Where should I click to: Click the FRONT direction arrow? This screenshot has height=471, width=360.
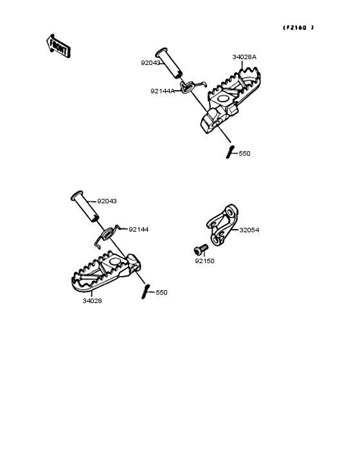click(x=59, y=46)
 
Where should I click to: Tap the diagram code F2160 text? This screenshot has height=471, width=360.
click(x=298, y=28)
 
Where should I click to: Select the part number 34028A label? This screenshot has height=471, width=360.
click(x=244, y=57)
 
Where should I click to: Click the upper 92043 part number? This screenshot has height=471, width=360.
click(x=150, y=63)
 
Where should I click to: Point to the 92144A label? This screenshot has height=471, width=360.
click(x=163, y=91)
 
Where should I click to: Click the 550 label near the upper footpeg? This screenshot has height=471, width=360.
click(x=244, y=154)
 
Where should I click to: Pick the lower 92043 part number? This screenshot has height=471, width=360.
click(x=107, y=201)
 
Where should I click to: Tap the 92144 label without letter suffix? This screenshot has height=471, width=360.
click(x=139, y=230)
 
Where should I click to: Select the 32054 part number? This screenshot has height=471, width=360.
click(x=249, y=230)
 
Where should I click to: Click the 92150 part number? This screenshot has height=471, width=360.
click(x=204, y=261)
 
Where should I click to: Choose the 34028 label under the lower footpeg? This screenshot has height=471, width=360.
click(x=92, y=300)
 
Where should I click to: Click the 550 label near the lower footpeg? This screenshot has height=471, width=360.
click(x=161, y=293)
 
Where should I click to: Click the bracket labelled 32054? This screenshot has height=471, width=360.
click(x=222, y=225)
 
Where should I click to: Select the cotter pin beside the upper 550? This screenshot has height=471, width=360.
click(x=230, y=152)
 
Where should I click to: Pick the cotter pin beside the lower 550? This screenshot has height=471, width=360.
click(x=145, y=291)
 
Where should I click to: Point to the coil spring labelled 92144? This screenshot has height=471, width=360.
click(x=107, y=234)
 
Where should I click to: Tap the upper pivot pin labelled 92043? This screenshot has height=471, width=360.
click(x=169, y=63)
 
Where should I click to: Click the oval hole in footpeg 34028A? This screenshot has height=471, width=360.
click(x=223, y=98)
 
